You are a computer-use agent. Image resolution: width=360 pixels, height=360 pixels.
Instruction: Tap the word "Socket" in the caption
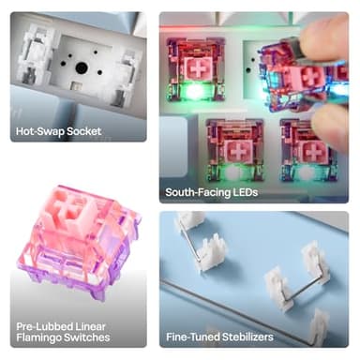point(83,131)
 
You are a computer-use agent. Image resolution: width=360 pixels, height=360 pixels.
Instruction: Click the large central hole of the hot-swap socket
point(82,67)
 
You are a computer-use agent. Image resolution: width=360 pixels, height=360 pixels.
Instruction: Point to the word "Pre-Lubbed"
point(42,326)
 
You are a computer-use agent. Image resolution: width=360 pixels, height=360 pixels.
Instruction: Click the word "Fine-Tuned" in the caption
point(192,337)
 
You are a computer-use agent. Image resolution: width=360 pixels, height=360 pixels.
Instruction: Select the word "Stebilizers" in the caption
point(247,337)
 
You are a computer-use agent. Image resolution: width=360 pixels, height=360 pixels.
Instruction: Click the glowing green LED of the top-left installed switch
point(194,91)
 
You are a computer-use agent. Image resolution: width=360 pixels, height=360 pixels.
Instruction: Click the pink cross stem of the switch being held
point(308,77)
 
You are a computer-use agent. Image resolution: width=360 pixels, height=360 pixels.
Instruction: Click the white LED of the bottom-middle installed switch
point(232,172)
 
